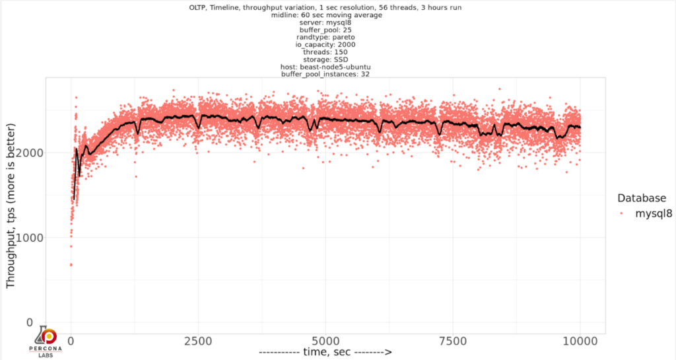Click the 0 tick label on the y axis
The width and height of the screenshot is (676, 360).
pos(28,322)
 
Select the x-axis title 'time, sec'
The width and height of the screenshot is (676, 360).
pos(325,352)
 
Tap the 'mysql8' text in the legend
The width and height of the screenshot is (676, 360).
pos(654,213)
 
